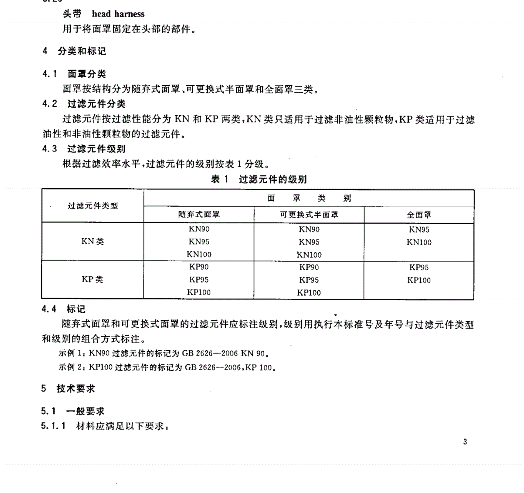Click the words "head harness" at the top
tap(118, 14)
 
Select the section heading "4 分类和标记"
tap(74, 51)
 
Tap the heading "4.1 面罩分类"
tap(74, 74)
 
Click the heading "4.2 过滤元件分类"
tap(84, 104)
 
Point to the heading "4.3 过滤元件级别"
tap(84, 149)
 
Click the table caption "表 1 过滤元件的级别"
tap(259, 179)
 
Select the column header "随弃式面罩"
tap(199, 215)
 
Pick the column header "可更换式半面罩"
tap(309, 215)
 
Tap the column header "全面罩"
tap(419, 215)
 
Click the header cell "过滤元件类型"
tap(93, 206)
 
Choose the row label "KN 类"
tap(93, 242)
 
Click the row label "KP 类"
tap(93, 280)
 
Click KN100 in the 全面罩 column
tap(419, 242)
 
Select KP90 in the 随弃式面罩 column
tap(199, 267)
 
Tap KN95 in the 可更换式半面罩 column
tap(309, 242)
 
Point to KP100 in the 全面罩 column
tap(419, 280)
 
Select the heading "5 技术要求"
tap(68, 389)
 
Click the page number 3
tap(465, 442)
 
